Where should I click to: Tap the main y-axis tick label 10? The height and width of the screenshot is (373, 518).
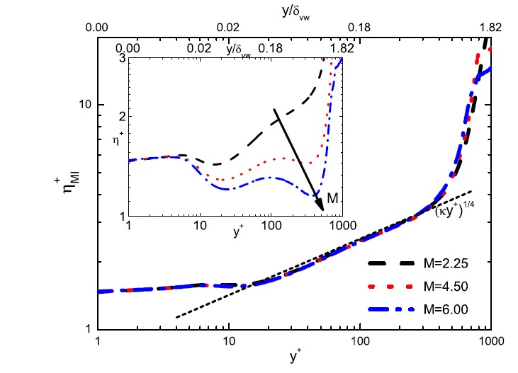pyautogui.click(x=84, y=105)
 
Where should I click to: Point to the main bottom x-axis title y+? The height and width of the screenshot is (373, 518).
pyautogui.click(x=293, y=359)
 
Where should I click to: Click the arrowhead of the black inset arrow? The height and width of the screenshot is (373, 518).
pyautogui.click(x=322, y=207)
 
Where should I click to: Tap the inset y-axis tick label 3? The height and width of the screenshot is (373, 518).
pyautogui.click(x=122, y=59)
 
